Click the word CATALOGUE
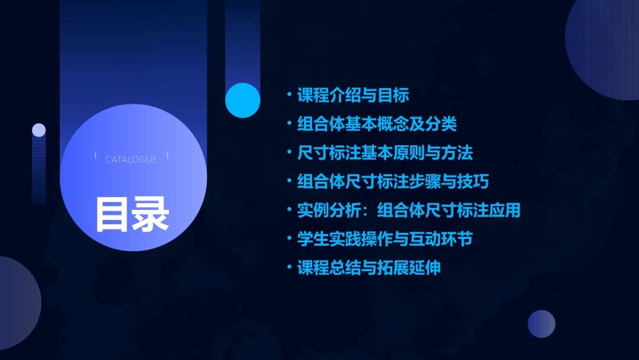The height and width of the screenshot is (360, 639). click(x=131, y=159)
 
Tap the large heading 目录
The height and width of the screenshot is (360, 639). click(x=132, y=214)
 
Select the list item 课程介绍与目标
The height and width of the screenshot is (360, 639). click(x=353, y=95)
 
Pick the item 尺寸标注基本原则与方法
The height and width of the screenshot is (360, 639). click(x=385, y=153)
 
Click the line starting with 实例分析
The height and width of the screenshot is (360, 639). click(x=409, y=210)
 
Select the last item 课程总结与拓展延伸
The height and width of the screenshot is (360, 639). click(x=369, y=268)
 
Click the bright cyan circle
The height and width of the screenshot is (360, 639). click(x=243, y=100)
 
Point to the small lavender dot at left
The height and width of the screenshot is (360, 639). click(x=39, y=130)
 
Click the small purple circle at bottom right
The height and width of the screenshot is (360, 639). click(x=541, y=324)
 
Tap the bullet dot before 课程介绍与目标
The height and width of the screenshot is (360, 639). click(x=289, y=95)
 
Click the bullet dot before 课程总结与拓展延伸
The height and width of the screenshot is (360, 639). click(x=289, y=268)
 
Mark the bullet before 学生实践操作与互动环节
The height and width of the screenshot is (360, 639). click(x=289, y=239)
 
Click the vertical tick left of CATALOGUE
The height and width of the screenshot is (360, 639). click(x=96, y=155)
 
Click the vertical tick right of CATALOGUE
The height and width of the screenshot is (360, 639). click(x=167, y=155)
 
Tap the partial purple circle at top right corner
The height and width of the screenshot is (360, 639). click(x=605, y=47)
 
